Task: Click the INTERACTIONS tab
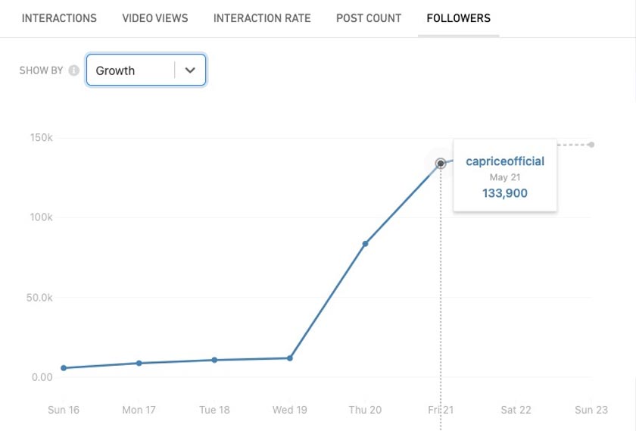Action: pos(59,18)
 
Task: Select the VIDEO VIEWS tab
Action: pos(155,18)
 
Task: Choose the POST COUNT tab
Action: pos(369,18)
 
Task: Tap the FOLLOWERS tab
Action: pos(458,18)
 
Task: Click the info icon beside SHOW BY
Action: pos(73,70)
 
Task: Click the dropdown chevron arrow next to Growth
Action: pos(190,70)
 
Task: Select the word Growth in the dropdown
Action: pos(115,70)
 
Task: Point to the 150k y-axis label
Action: pos(41,138)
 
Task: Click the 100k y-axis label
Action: pos(41,217)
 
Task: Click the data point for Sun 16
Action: pos(64,368)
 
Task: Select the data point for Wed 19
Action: pos(290,358)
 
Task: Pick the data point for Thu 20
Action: pos(365,244)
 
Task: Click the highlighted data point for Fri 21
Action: pos(441,164)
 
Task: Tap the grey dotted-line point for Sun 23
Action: pos(591,145)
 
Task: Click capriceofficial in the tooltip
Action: pos(505,161)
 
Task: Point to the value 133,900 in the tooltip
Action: pos(505,193)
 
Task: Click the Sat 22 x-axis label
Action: pos(516,410)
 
